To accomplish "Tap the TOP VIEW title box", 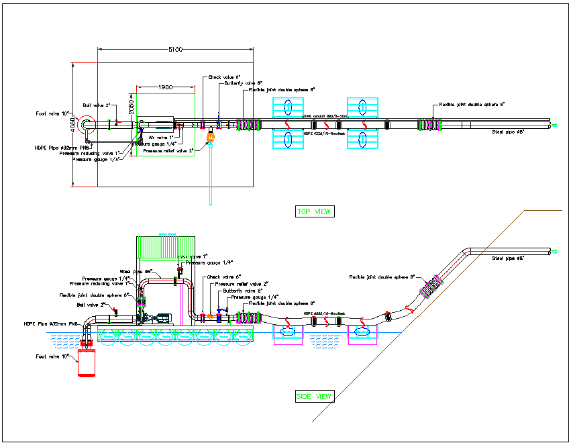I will coord(315,211).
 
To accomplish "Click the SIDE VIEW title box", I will coord(314,397).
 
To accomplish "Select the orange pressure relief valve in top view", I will coord(210,138).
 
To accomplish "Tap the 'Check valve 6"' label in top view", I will coord(224,77).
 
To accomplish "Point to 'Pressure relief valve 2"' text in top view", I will coord(172,150).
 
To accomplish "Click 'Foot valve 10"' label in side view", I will coord(52,357).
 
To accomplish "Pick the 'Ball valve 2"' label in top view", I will coord(95,105).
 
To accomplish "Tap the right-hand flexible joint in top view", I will coord(428,124).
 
